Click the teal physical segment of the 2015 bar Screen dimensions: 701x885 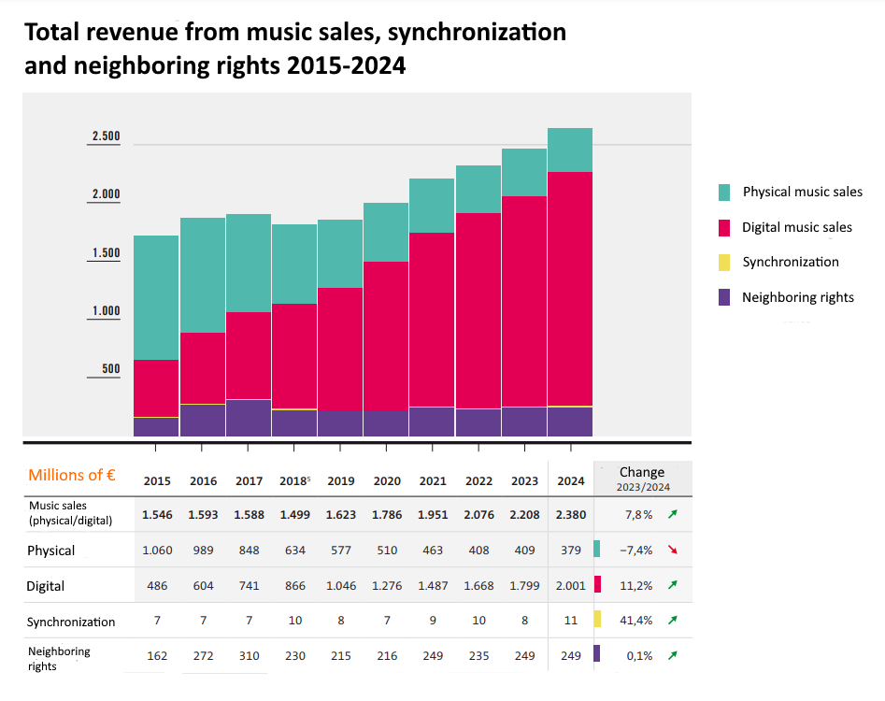coord(156,297)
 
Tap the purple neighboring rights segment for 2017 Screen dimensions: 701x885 coord(249,418)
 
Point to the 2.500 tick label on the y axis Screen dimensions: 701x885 coord(106,136)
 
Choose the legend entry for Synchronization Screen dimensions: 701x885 coord(790,263)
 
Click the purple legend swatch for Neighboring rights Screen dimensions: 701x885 coord(724,298)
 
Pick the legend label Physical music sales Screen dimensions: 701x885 coord(802,192)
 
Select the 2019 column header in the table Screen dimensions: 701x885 coord(340,481)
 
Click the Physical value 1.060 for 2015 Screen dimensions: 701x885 coord(157,551)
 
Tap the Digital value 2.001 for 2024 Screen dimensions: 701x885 coord(570,586)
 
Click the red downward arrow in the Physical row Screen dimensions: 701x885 coord(672,550)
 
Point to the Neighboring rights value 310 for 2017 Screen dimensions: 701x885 coord(249,656)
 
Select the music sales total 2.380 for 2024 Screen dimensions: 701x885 coord(570,514)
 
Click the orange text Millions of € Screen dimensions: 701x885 coord(72,475)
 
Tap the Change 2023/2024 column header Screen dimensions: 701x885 coord(642,478)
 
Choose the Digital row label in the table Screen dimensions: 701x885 coord(46,587)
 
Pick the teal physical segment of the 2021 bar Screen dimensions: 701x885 coord(432,206)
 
